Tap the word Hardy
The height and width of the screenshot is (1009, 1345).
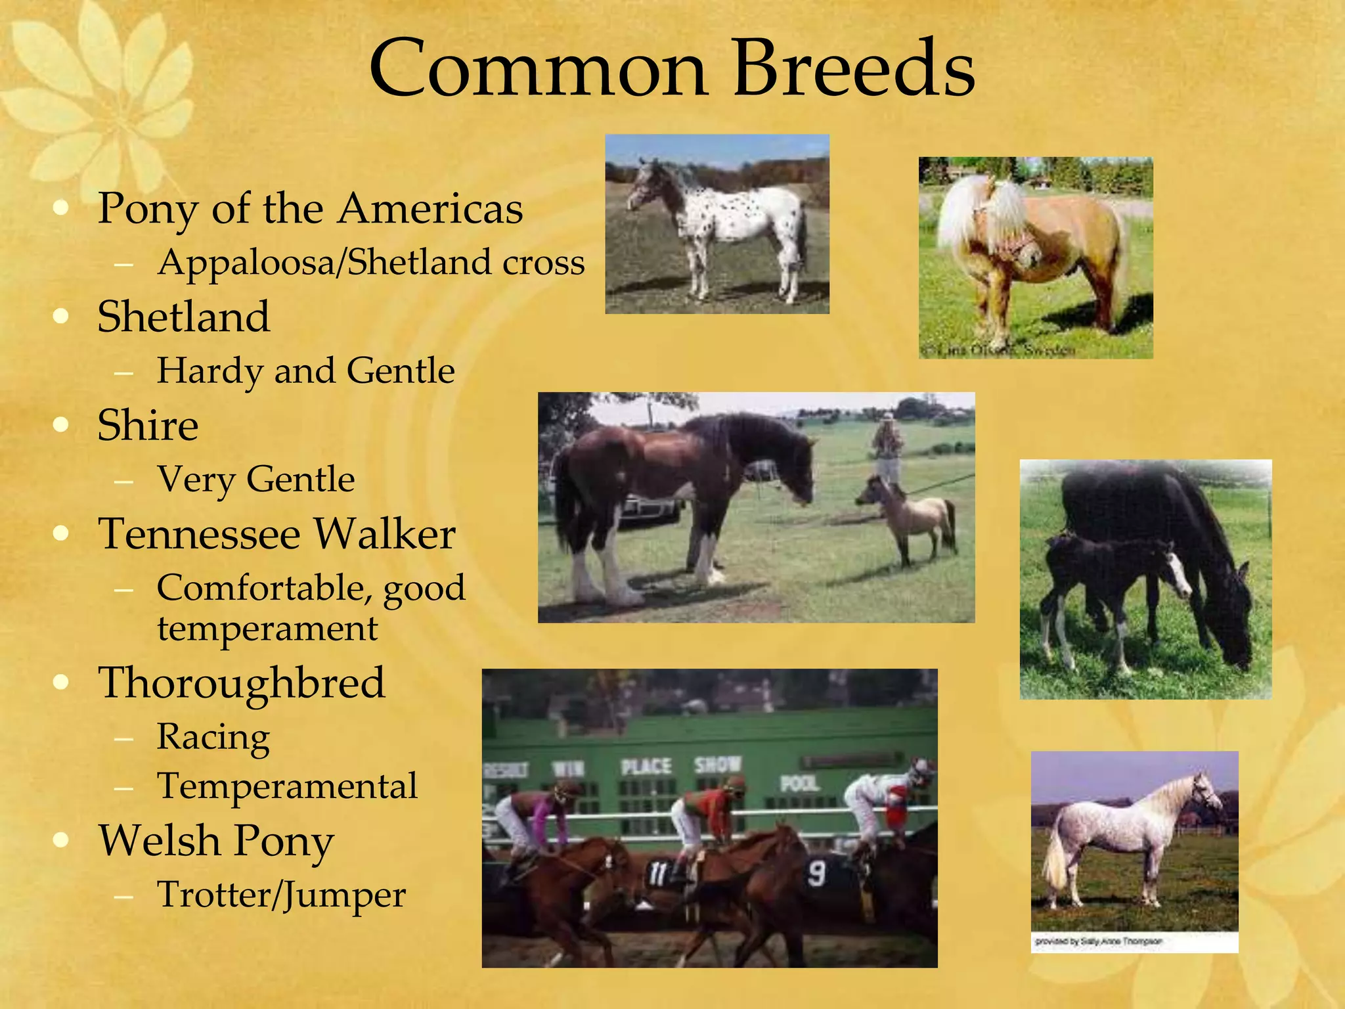tap(209, 371)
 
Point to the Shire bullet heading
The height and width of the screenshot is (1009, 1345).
tap(148, 425)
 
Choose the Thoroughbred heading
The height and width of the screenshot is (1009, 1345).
tap(241, 683)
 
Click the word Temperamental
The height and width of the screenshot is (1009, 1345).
tap(287, 786)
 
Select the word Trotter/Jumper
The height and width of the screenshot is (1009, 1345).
tap(281, 895)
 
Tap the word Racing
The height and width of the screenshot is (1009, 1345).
tap(213, 737)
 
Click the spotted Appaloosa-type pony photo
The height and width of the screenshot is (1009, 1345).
tap(717, 224)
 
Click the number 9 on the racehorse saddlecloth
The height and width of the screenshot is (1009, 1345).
tap(816, 874)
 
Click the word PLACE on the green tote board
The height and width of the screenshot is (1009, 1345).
tap(646, 766)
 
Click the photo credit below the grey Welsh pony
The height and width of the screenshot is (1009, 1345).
tap(1099, 941)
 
